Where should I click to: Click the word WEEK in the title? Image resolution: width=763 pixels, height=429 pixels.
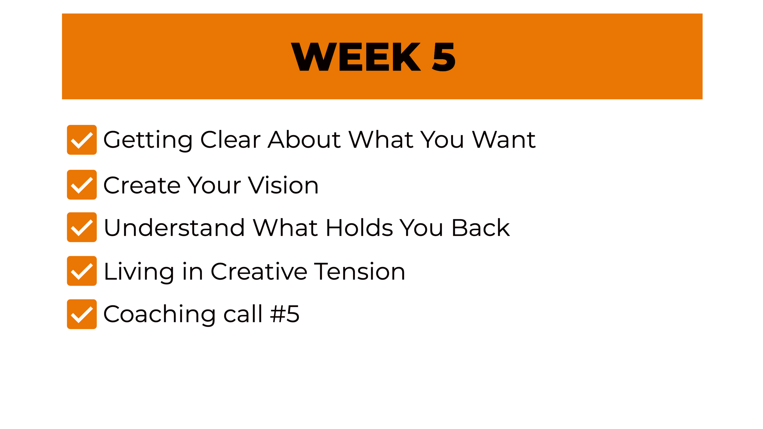(356, 57)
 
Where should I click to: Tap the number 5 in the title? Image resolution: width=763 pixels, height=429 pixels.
(444, 57)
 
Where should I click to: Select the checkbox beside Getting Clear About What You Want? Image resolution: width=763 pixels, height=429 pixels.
(82, 140)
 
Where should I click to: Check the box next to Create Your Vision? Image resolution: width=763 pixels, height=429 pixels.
(82, 185)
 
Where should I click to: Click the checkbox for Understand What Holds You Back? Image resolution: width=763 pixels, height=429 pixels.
(82, 227)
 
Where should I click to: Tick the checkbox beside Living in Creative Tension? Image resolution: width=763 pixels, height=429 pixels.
(82, 271)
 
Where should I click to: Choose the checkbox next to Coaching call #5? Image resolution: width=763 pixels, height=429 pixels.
(82, 314)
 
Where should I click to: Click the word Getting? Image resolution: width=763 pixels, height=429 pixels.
(148, 141)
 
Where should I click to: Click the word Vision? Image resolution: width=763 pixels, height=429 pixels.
(283, 185)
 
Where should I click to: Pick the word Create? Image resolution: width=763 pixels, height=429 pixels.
(142, 185)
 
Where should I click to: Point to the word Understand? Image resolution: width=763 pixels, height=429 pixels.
(174, 228)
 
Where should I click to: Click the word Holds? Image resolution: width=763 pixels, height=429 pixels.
(359, 228)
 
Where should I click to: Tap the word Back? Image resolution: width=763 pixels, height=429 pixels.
(481, 228)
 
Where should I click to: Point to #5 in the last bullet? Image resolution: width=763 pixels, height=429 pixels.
(285, 314)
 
